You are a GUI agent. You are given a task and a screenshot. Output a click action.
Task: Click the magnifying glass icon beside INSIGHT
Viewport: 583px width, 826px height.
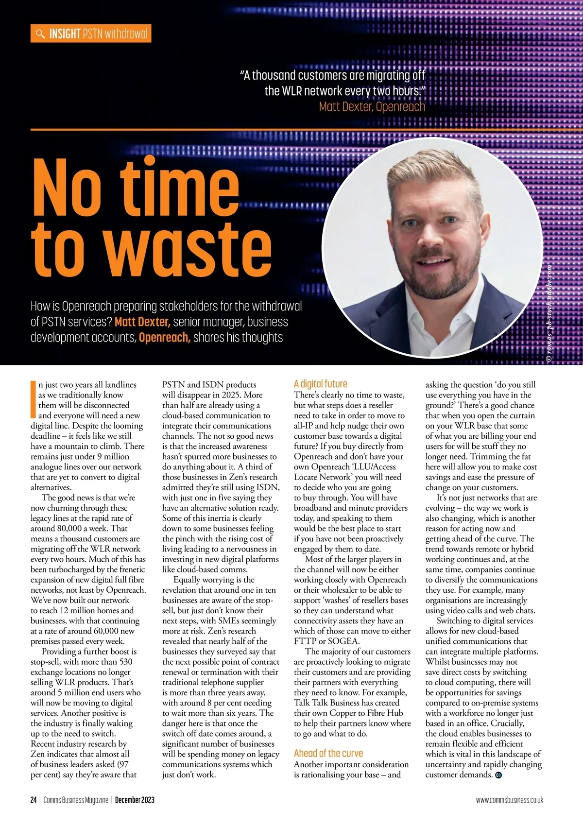[x=39, y=34]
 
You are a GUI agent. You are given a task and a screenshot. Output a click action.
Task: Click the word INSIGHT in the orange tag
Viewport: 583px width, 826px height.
[x=65, y=34]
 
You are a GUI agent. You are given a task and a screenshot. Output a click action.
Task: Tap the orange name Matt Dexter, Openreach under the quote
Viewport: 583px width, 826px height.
[x=372, y=106]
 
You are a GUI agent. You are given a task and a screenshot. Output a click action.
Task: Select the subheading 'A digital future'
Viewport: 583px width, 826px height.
[x=320, y=384]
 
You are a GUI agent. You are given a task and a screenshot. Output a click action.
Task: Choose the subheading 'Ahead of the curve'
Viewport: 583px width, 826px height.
[x=328, y=753]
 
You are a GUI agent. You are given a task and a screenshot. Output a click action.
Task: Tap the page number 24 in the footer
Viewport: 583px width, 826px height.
[x=33, y=800]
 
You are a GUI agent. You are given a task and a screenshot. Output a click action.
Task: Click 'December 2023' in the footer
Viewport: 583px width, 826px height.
[x=135, y=800]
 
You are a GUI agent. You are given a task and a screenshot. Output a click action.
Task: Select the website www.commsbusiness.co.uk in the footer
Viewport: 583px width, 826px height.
[x=509, y=800]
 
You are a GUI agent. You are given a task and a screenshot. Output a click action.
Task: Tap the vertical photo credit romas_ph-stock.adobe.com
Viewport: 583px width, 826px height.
[x=549, y=311]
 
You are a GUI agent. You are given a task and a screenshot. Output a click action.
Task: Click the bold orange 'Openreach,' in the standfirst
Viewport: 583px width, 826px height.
[x=164, y=337]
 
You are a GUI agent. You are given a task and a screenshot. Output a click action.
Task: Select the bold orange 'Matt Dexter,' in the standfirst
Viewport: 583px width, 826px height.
[x=142, y=322]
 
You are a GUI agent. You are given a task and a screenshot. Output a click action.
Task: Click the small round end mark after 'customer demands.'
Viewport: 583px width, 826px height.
[x=498, y=775]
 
